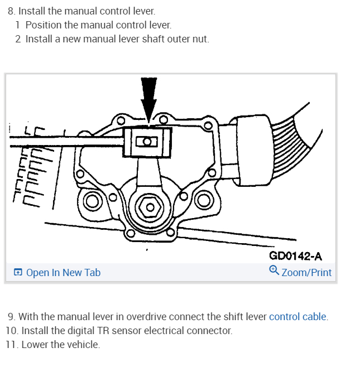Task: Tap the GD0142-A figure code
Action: click(295, 256)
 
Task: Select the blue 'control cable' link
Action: click(298, 317)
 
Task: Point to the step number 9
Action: click(11, 317)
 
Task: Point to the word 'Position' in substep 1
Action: click(43, 25)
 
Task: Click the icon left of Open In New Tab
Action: click(18, 272)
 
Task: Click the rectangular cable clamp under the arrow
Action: click(147, 141)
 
